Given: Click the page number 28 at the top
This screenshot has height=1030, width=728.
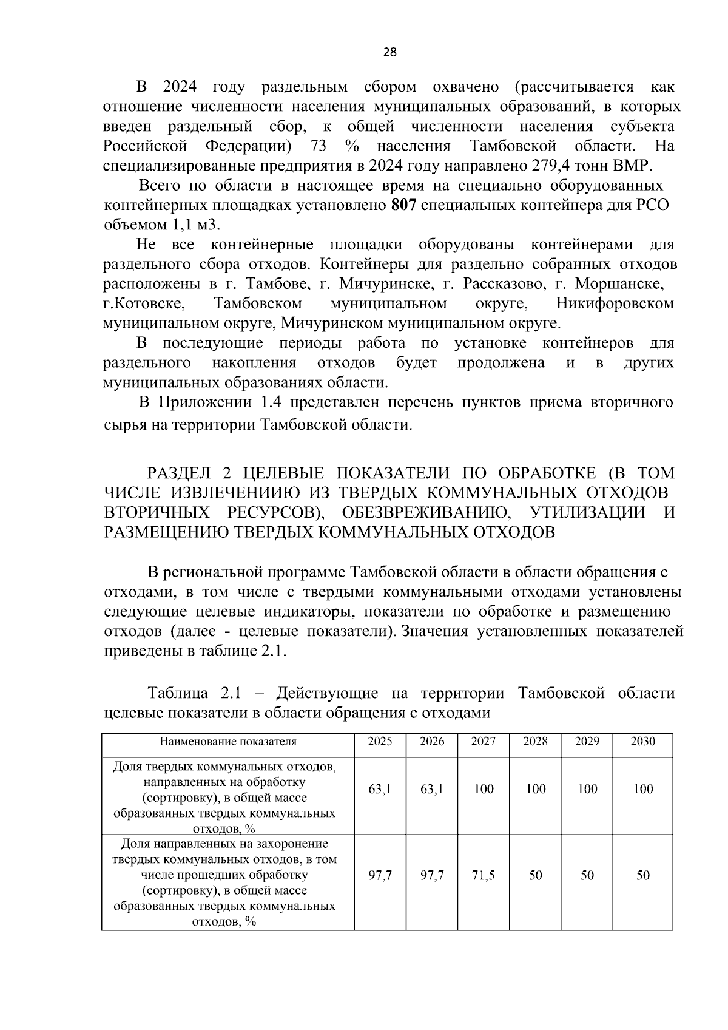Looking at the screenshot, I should [x=390, y=52].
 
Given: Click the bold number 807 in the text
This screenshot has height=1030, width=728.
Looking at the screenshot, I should [x=403, y=205].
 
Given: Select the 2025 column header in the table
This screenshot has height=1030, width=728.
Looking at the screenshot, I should [x=380, y=742].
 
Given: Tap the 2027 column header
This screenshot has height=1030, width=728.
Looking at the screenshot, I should [x=484, y=742].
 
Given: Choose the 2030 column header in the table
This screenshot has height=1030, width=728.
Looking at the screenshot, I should [x=643, y=742].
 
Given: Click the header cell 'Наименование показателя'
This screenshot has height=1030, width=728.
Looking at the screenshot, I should [x=228, y=742].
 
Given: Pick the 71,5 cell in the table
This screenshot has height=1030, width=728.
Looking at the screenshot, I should [x=484, y=876].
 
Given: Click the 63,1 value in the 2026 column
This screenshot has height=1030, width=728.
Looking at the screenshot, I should [x=432, y=790].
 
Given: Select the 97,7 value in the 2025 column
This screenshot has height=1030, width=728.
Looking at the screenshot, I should [x=380, y=876].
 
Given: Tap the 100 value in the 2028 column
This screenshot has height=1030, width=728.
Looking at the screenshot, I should [x=536, y=790].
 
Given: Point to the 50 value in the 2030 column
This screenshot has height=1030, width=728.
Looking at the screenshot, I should [x=643, y=876].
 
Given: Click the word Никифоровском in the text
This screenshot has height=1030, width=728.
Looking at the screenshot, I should [x=615, y=303].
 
